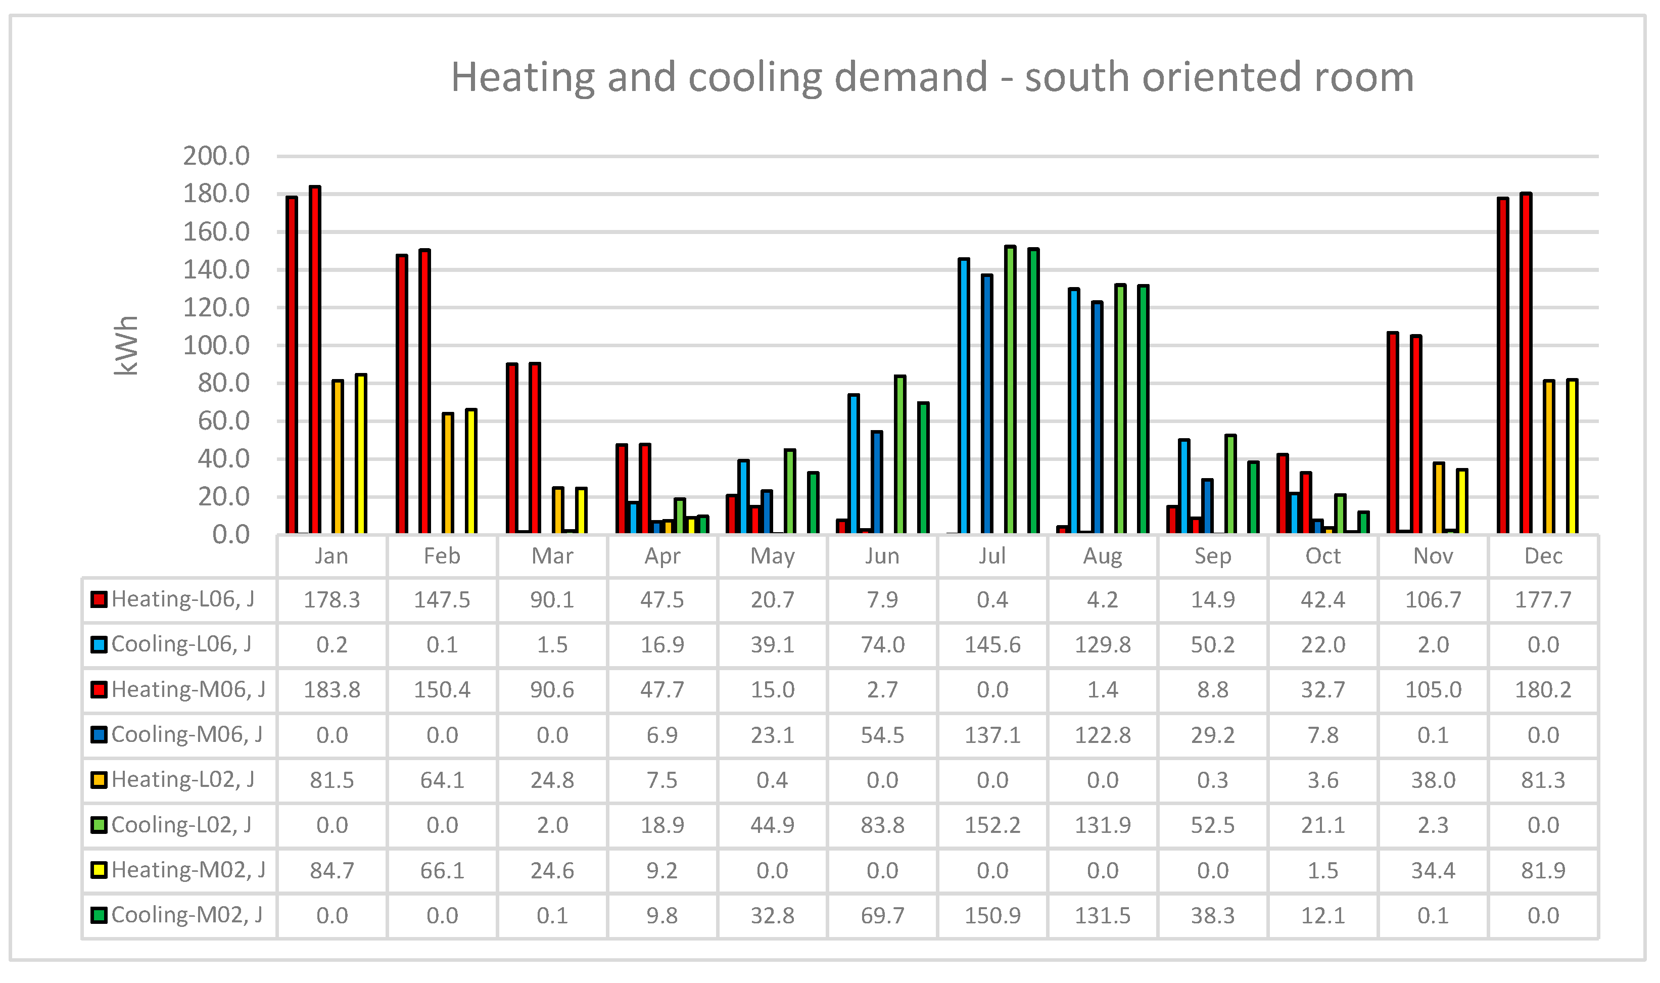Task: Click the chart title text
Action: pos(932,77)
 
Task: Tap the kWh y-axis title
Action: pos(126,346)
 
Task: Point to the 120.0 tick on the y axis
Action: pos(216,308)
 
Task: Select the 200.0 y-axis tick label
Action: pos(216,156)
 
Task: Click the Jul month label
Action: pos(992,556)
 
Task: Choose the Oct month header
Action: pos(1322,556)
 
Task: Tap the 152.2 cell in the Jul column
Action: pos(992,825)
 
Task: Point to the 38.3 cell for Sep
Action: pos(1212,915)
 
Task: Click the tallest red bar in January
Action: pos(315,361)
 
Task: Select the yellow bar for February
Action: pos(471,472)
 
